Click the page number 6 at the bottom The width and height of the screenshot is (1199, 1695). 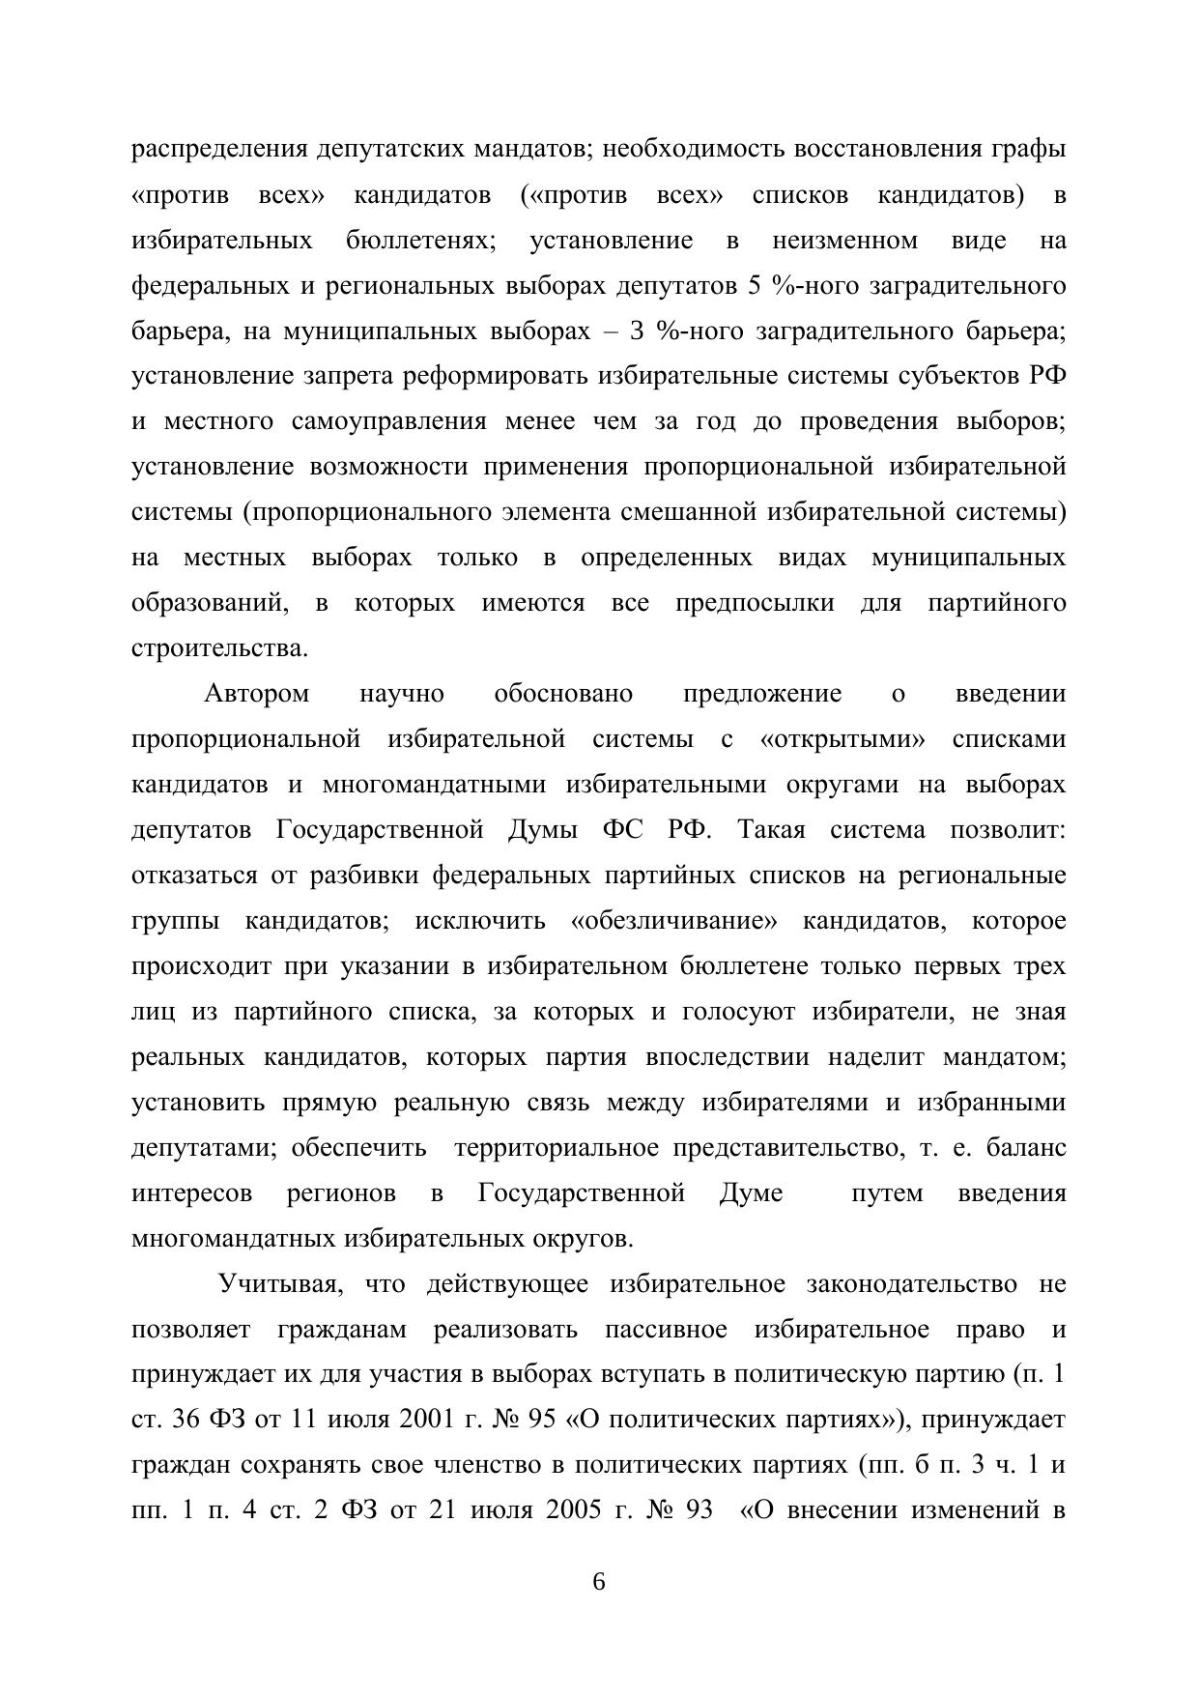[599, 1583]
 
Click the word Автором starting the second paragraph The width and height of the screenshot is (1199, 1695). [257, 694]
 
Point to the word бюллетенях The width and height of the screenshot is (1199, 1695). [420, 241]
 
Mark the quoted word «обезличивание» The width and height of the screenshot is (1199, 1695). [673, 921]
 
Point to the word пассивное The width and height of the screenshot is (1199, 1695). [666, 1330]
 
